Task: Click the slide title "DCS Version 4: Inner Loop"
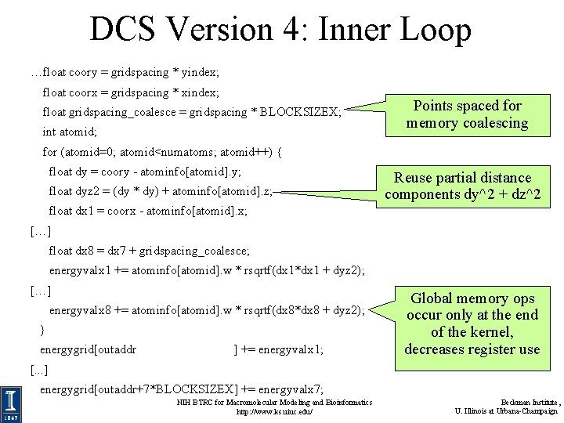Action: tap(280, 30)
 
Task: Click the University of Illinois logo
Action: tap(10, 404)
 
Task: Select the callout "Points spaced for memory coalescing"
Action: tap(467, 114)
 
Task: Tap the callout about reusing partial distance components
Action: tap(462, 186)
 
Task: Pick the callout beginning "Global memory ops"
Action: tap(472, 324)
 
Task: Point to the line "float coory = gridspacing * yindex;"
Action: tap(125, 72)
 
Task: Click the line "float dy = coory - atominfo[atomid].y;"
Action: tap(145, 172)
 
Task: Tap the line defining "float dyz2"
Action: tap(161, 191)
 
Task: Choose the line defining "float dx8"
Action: tap(149, 251)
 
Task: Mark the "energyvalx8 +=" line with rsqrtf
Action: tap(207, 311)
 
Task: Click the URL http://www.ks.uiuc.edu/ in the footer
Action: tap(274, 411)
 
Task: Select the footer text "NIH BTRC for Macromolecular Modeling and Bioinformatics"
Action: tap(274, 402)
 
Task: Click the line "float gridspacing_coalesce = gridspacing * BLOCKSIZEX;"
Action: tap(192, 112)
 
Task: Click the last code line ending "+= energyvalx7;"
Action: tap(181, 389)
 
